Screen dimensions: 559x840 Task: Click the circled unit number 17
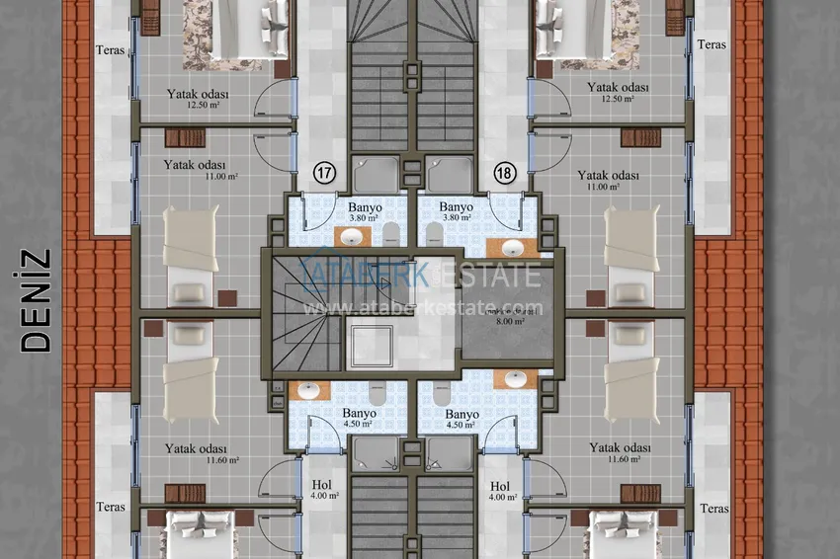coord(324,173)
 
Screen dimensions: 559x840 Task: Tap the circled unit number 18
coord(504,173)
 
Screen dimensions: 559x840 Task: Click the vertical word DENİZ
coord(37,299)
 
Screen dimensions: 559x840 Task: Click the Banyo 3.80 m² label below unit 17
coord(363,212)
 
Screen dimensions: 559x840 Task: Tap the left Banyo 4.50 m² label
coord(359,419)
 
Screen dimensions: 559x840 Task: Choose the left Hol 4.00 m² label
coord(321,491)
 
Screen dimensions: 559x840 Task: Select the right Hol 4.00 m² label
coord(500,491)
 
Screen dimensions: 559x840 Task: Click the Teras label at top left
coord(111,49)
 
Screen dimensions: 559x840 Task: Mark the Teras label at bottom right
coord(713,509)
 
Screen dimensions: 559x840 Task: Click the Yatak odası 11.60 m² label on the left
coord(197,453)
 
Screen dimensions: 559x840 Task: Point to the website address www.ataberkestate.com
coord(422,307)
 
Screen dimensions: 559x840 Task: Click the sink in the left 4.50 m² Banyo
coord(308,390)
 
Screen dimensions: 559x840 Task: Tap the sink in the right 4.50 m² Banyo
coord(515,378)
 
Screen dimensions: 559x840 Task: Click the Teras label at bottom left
coord(111,508)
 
